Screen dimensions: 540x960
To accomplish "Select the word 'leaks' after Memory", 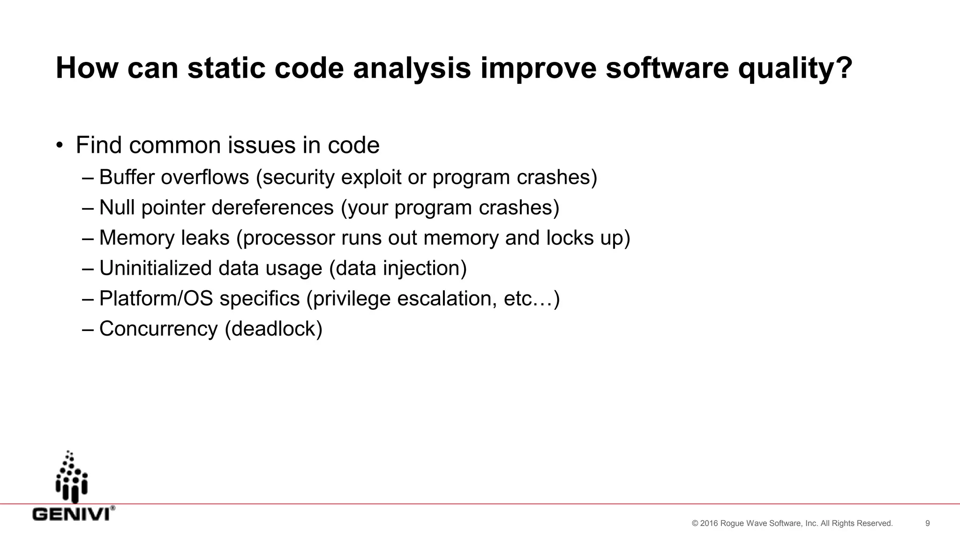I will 205,238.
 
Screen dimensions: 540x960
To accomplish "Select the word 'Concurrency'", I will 158,329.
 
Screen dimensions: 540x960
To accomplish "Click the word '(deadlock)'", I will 273,329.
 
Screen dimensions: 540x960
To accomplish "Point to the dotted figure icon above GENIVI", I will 72,477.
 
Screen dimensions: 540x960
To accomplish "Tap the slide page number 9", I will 927,524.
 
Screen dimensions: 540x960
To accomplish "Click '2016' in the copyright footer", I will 709,524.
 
